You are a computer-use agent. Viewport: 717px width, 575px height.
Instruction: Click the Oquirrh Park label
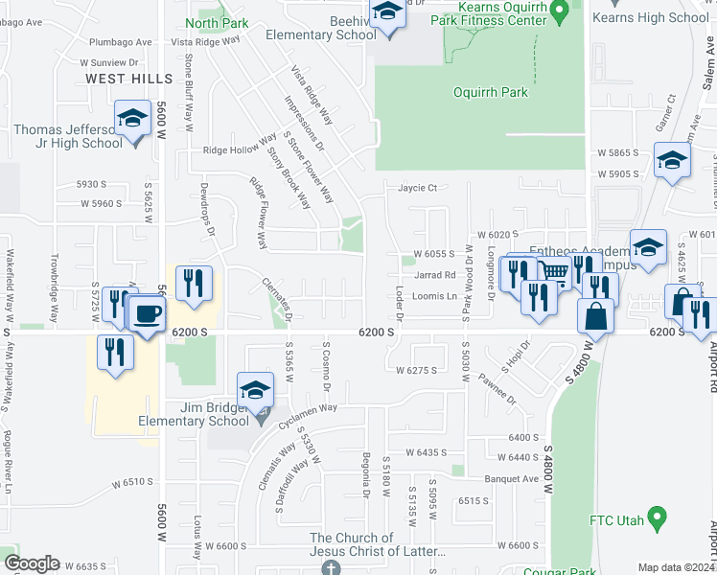point(490,93)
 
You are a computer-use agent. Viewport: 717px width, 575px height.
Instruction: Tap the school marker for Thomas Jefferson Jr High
point(132,120)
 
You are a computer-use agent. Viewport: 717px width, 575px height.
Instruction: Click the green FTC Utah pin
point(657,518)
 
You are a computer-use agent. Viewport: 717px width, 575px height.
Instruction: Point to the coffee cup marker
point(146,314)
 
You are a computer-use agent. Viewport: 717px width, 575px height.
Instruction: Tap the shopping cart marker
point(553,272)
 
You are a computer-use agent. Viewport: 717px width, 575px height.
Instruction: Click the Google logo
point(32,563)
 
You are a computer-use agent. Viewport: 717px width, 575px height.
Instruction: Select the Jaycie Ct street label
point(418,188)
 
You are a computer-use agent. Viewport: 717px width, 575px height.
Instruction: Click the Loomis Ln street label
point(434,296)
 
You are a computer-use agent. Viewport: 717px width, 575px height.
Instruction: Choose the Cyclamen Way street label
point(308,407)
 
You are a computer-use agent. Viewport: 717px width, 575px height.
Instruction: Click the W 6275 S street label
point(416,369)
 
